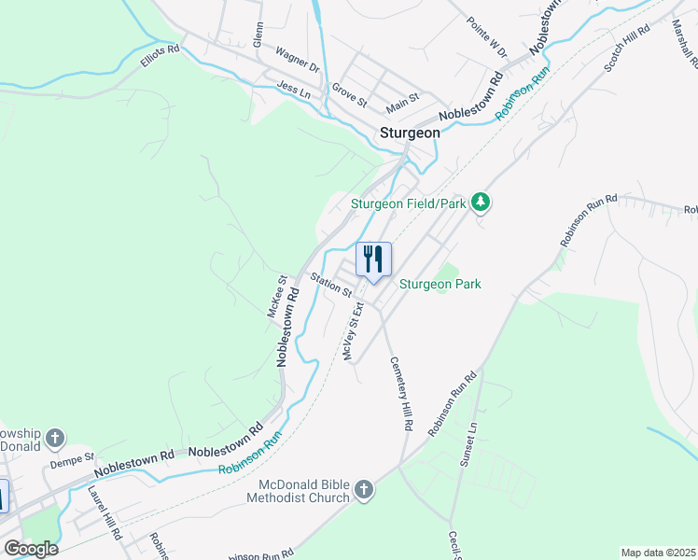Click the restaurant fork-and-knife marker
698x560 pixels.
click(x=373, y=259)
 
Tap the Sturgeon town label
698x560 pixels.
click(x=410, y=133)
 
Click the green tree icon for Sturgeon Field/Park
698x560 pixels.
click(x=481, y=203)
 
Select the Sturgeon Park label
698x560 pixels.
click(x=440, y=284)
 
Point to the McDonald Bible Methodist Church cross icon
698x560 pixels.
click(x=363, y=489)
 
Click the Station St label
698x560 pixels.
click(x=331, y=285)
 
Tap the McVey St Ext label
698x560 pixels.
click(x=352, y=336)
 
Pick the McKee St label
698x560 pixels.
click(x=276, y=296)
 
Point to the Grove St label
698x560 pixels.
click(x=350, y=95)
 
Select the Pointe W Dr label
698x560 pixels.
click(x=486, y=38)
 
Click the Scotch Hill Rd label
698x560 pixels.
click(x=626, y=49)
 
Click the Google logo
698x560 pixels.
click(x=31, y=549)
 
